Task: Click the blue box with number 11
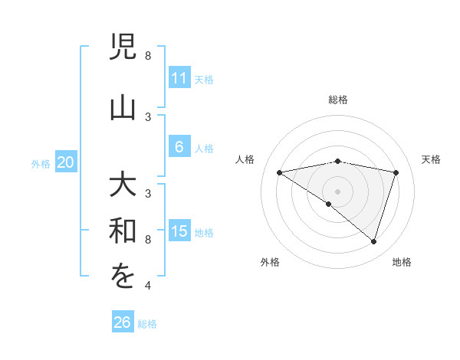click(x=179, y=78)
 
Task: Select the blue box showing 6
click(x=179, y=147)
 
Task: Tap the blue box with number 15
click(x=179, y=231)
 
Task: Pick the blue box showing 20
click(x=66, y=162)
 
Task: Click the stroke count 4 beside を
click(x=147, y=286)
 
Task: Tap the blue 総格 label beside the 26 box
click(x=147, y=324)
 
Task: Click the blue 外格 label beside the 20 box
click(x=41, y=163)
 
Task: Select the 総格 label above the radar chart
click(x=338, y=100)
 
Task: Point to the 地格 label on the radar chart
click(x=402, y=263)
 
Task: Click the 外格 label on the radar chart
click(x=270, y=263)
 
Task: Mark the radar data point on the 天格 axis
click(x=396, y=172)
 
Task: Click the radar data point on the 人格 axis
click(x=279, y=172)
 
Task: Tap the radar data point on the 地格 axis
click(x=373, y=241)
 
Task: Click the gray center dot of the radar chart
click(x=337, y=191)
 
